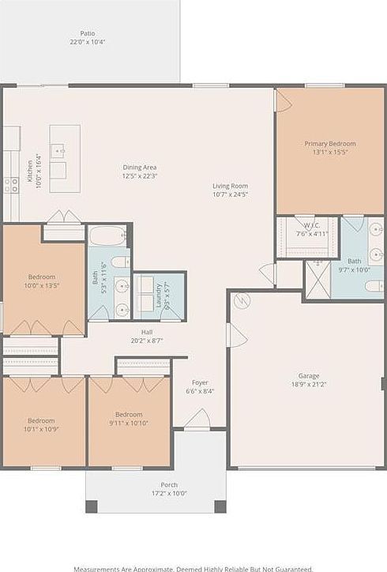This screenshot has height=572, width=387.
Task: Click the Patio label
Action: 88,33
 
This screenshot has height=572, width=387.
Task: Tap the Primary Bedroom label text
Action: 330,144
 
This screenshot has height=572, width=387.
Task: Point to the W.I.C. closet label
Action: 305,224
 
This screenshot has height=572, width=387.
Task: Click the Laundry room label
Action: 159,294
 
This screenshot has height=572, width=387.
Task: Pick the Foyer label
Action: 200,382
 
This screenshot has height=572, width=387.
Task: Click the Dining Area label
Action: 140,167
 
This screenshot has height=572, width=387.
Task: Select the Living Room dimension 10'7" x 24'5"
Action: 230,194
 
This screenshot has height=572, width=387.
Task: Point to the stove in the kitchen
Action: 11,185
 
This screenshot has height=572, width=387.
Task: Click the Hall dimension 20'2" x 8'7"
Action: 147,341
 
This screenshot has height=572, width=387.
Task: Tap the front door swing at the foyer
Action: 197,419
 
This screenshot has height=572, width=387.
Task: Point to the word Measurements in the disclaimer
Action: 97,568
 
